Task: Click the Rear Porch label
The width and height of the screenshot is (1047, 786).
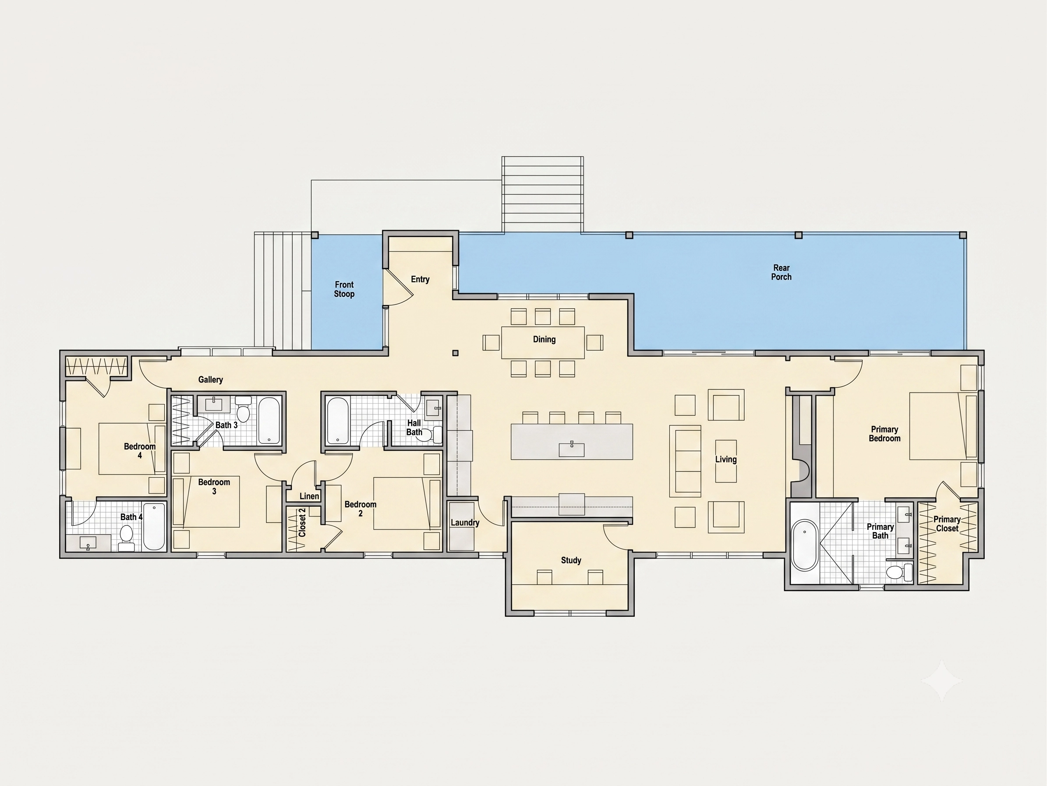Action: pos(781,272)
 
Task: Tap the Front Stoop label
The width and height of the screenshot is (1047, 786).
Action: pos(344,289)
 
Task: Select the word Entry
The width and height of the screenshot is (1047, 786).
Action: pos(420,279)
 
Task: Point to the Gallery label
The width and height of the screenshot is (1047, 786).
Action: pos(211,379)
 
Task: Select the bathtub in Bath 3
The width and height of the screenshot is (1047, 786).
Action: pos(269,420)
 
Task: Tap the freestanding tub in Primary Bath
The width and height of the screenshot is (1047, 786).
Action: pos(805,545)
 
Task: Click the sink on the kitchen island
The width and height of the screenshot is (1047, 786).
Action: pos(571,449)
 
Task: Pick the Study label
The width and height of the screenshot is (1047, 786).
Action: pos(571,560)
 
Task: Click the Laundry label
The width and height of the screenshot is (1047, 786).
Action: pos(465,522)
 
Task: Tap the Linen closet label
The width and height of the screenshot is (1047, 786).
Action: pos(309,496)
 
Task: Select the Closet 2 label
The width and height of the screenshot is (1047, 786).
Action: pos(302,522)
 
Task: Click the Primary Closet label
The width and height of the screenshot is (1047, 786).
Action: pos(947,524)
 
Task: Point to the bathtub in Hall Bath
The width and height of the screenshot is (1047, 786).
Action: pos(337,420)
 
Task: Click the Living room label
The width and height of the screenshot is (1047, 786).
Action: pos(725,459)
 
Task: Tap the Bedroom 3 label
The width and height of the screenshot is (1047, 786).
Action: pos(214,486)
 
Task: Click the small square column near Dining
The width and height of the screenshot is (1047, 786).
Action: pos(455,353)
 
